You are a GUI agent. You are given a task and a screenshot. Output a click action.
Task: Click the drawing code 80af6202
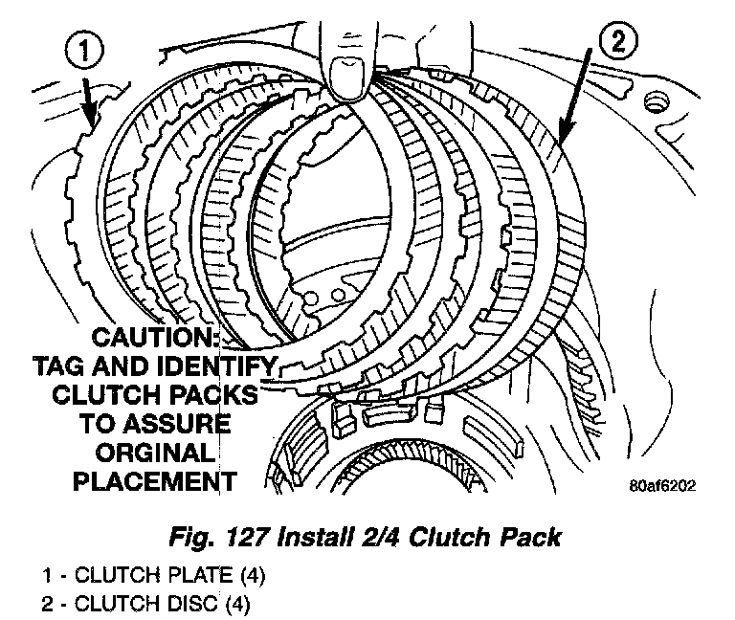[x=662, y=485]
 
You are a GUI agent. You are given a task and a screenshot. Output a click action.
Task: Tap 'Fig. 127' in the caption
[x=219, y=537]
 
